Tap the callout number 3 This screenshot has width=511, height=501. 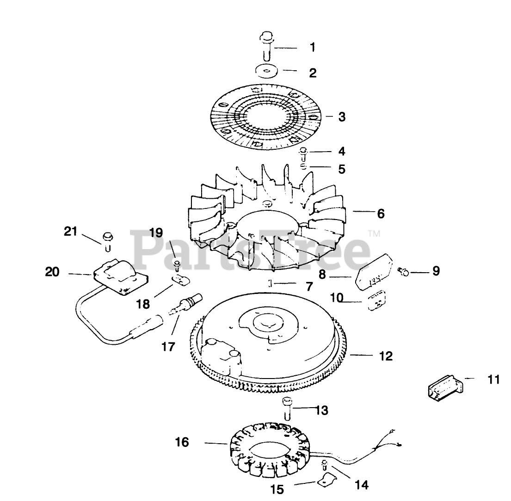point(341,116)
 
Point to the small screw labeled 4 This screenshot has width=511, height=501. point(304,152)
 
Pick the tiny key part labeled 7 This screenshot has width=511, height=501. point(270,283)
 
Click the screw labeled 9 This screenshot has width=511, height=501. point(403,272)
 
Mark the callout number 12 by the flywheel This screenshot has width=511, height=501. point(385,356)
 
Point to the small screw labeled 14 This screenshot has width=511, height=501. point(325,463)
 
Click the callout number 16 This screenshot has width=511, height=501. point(182,442)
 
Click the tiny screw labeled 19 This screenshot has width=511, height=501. point(177,264)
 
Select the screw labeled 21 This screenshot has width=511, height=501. point(107,240)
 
